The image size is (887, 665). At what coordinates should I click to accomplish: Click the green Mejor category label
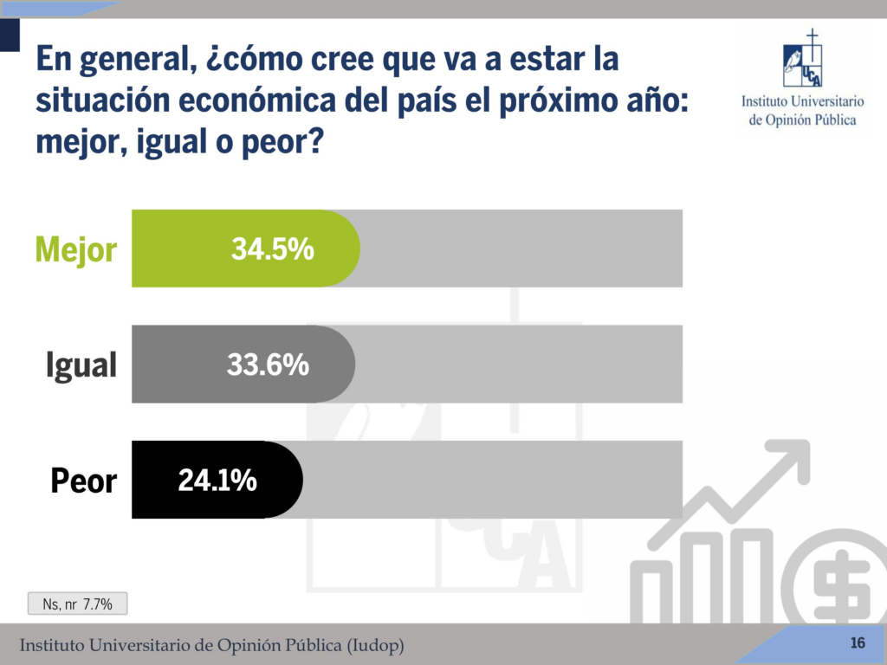pos(75,250)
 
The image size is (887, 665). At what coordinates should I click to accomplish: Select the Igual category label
pos(81,365)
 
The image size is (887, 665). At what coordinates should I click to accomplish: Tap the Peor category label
pos(83,481)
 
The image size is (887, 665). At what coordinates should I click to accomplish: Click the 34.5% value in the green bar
pos(272,249)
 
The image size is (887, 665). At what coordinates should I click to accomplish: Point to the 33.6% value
pos(268,365)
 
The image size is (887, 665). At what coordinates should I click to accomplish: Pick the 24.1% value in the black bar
pos(217,481)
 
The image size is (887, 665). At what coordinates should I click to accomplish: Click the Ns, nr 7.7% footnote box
pos(78,604)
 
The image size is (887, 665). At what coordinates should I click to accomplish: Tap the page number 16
pos(858,642)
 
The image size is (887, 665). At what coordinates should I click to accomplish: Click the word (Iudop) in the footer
pos(373,646)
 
